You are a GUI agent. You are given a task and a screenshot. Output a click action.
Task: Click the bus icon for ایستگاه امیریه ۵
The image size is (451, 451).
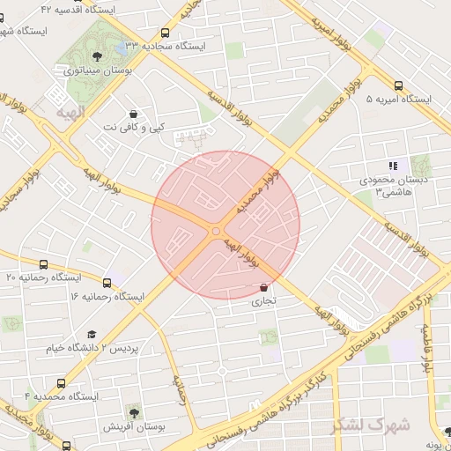tap(399, 86)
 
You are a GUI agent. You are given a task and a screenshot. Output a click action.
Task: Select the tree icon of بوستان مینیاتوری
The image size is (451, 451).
tap(108, 57)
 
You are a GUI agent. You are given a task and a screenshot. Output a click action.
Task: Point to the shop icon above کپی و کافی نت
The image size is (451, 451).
tap(133, 114)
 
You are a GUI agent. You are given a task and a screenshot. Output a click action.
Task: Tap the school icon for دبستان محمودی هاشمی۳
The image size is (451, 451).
tap(393, 165)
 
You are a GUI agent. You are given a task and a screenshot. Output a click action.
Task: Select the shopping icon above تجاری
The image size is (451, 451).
tap(264, 287)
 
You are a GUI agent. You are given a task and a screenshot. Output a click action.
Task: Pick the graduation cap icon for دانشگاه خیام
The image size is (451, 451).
tap(92, 334)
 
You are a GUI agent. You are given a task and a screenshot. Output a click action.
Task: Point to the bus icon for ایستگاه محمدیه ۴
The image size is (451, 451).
tap(60, 383)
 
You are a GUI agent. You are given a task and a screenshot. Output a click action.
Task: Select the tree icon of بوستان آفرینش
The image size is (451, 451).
tap(132, 411)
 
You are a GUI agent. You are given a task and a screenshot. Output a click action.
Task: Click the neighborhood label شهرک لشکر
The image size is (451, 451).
tap(371, 425)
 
